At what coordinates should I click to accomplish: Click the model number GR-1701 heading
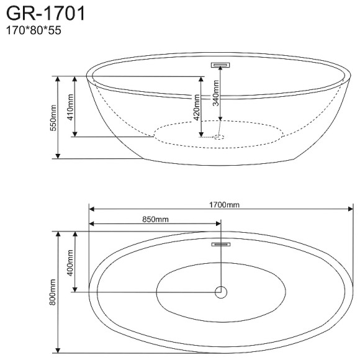tap(45, 14)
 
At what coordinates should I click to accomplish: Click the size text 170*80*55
tap(34, 30)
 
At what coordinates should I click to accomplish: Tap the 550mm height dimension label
tap(53, 118)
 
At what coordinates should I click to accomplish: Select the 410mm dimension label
tap(70, 107)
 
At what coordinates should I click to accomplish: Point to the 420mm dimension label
tap(197, 107)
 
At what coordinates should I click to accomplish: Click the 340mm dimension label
tap(215, 93)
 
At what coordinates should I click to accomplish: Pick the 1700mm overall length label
tap(224, 205)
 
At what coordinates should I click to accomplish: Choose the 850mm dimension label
tap(155, 219)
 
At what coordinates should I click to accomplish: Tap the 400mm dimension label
tap(70, 263)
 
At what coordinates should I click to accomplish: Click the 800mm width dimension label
tap(53, 292)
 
